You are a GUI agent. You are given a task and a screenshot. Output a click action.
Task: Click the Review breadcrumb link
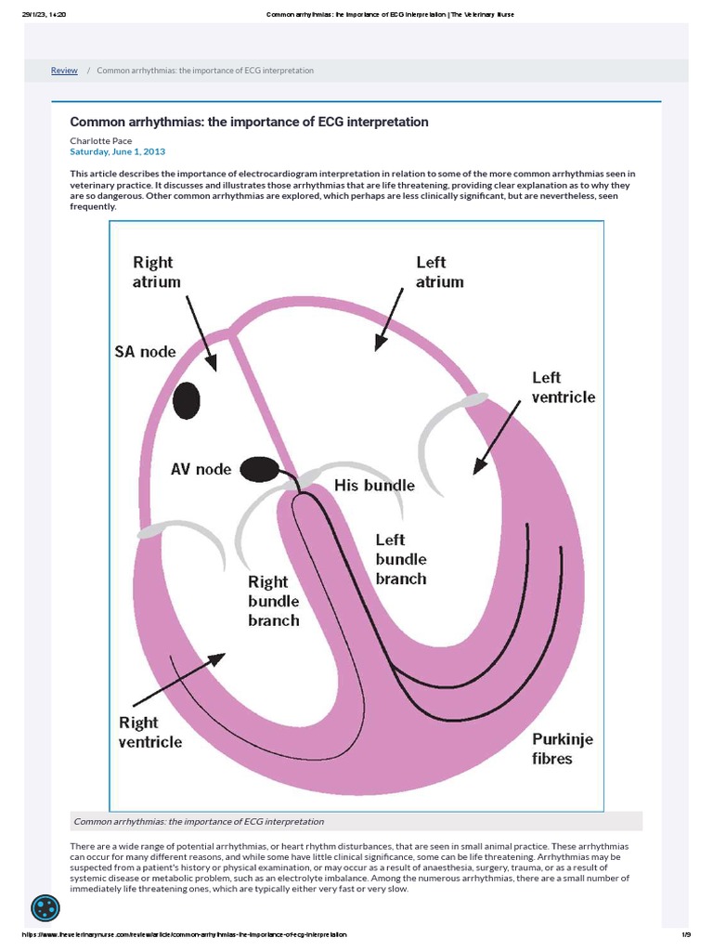64,71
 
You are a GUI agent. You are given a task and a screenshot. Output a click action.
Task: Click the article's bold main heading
250,123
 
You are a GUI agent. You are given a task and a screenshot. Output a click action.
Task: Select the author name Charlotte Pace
101,140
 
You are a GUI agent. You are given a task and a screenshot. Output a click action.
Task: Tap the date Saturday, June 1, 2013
118,151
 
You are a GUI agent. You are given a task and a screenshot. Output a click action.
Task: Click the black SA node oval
187,399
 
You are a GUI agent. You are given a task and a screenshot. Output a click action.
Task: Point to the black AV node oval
259,470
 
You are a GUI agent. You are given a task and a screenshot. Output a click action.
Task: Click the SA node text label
145,353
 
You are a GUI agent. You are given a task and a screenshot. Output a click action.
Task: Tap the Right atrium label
157,272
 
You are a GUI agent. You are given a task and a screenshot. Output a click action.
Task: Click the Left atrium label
439,272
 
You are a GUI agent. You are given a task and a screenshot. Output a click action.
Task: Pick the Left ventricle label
563,387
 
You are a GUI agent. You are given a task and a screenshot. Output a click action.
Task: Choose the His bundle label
374,486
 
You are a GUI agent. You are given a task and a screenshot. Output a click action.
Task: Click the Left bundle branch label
401,559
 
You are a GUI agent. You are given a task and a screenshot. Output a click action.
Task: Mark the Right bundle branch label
274,601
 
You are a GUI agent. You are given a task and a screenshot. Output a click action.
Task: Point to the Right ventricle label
150,732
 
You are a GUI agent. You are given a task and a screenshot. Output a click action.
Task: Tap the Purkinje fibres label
562,749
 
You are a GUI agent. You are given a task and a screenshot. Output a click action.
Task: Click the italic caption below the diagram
199,822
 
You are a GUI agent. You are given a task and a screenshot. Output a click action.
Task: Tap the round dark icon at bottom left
45,909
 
